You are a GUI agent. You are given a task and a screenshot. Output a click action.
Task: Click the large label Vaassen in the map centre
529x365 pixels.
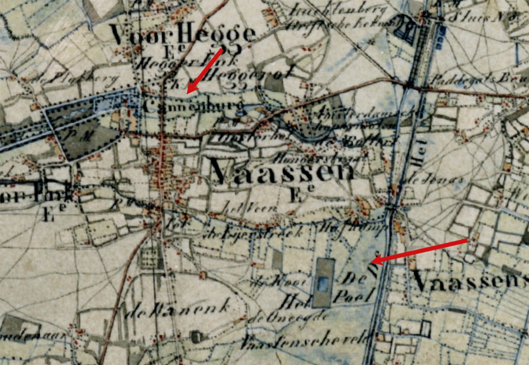point(281,172)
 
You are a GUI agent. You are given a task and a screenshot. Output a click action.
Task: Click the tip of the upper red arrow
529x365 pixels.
point(188,93)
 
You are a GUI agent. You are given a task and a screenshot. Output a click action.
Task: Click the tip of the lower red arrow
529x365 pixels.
point(372,262)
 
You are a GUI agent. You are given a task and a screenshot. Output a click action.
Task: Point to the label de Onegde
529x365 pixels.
point(270,317)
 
